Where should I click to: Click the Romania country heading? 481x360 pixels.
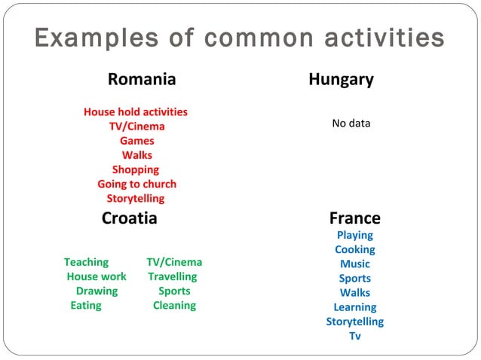(142, 79)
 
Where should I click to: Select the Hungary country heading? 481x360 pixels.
(341, 79)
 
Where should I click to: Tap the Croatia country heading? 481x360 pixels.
(130, 218)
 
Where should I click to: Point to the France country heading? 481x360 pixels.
(354, 218)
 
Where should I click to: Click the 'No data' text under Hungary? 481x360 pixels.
(351, 123)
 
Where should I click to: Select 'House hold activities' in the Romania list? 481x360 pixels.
(136, 111)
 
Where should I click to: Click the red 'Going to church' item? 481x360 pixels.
(136, 184)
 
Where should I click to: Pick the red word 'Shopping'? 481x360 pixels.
(136, 169)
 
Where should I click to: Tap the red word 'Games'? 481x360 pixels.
(136, 141)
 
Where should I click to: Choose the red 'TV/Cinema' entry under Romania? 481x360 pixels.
(136, 126)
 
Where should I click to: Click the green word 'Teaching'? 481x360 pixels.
(86, 262)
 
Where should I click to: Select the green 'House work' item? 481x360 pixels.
(97, 276)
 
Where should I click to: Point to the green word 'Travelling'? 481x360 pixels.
(172, 276)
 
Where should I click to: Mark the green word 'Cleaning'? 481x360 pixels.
(174, 305)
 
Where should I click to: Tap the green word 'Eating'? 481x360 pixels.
(86, 305)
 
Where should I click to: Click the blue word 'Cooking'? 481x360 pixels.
(354, 249)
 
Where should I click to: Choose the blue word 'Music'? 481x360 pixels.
(354, 264)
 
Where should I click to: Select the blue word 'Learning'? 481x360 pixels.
(354, 307)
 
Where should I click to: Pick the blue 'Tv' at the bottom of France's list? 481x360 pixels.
(354, 336)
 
